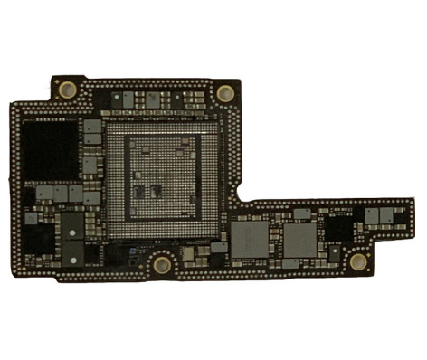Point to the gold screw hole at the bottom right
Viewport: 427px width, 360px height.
(x=358, y=261)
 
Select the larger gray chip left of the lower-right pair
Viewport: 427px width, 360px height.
(x=250, y=239)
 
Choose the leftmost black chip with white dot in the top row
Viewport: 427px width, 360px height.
(x=115, y=97)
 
